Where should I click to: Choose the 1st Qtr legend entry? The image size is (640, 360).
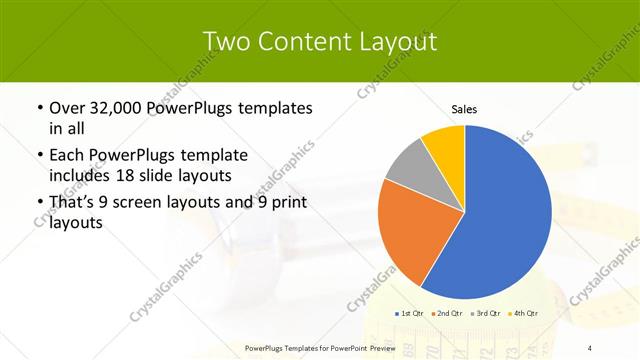(x=410, y=314)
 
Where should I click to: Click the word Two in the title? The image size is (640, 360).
(x=227, y=41)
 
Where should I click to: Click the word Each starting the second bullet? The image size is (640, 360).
(x=67, y=156)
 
